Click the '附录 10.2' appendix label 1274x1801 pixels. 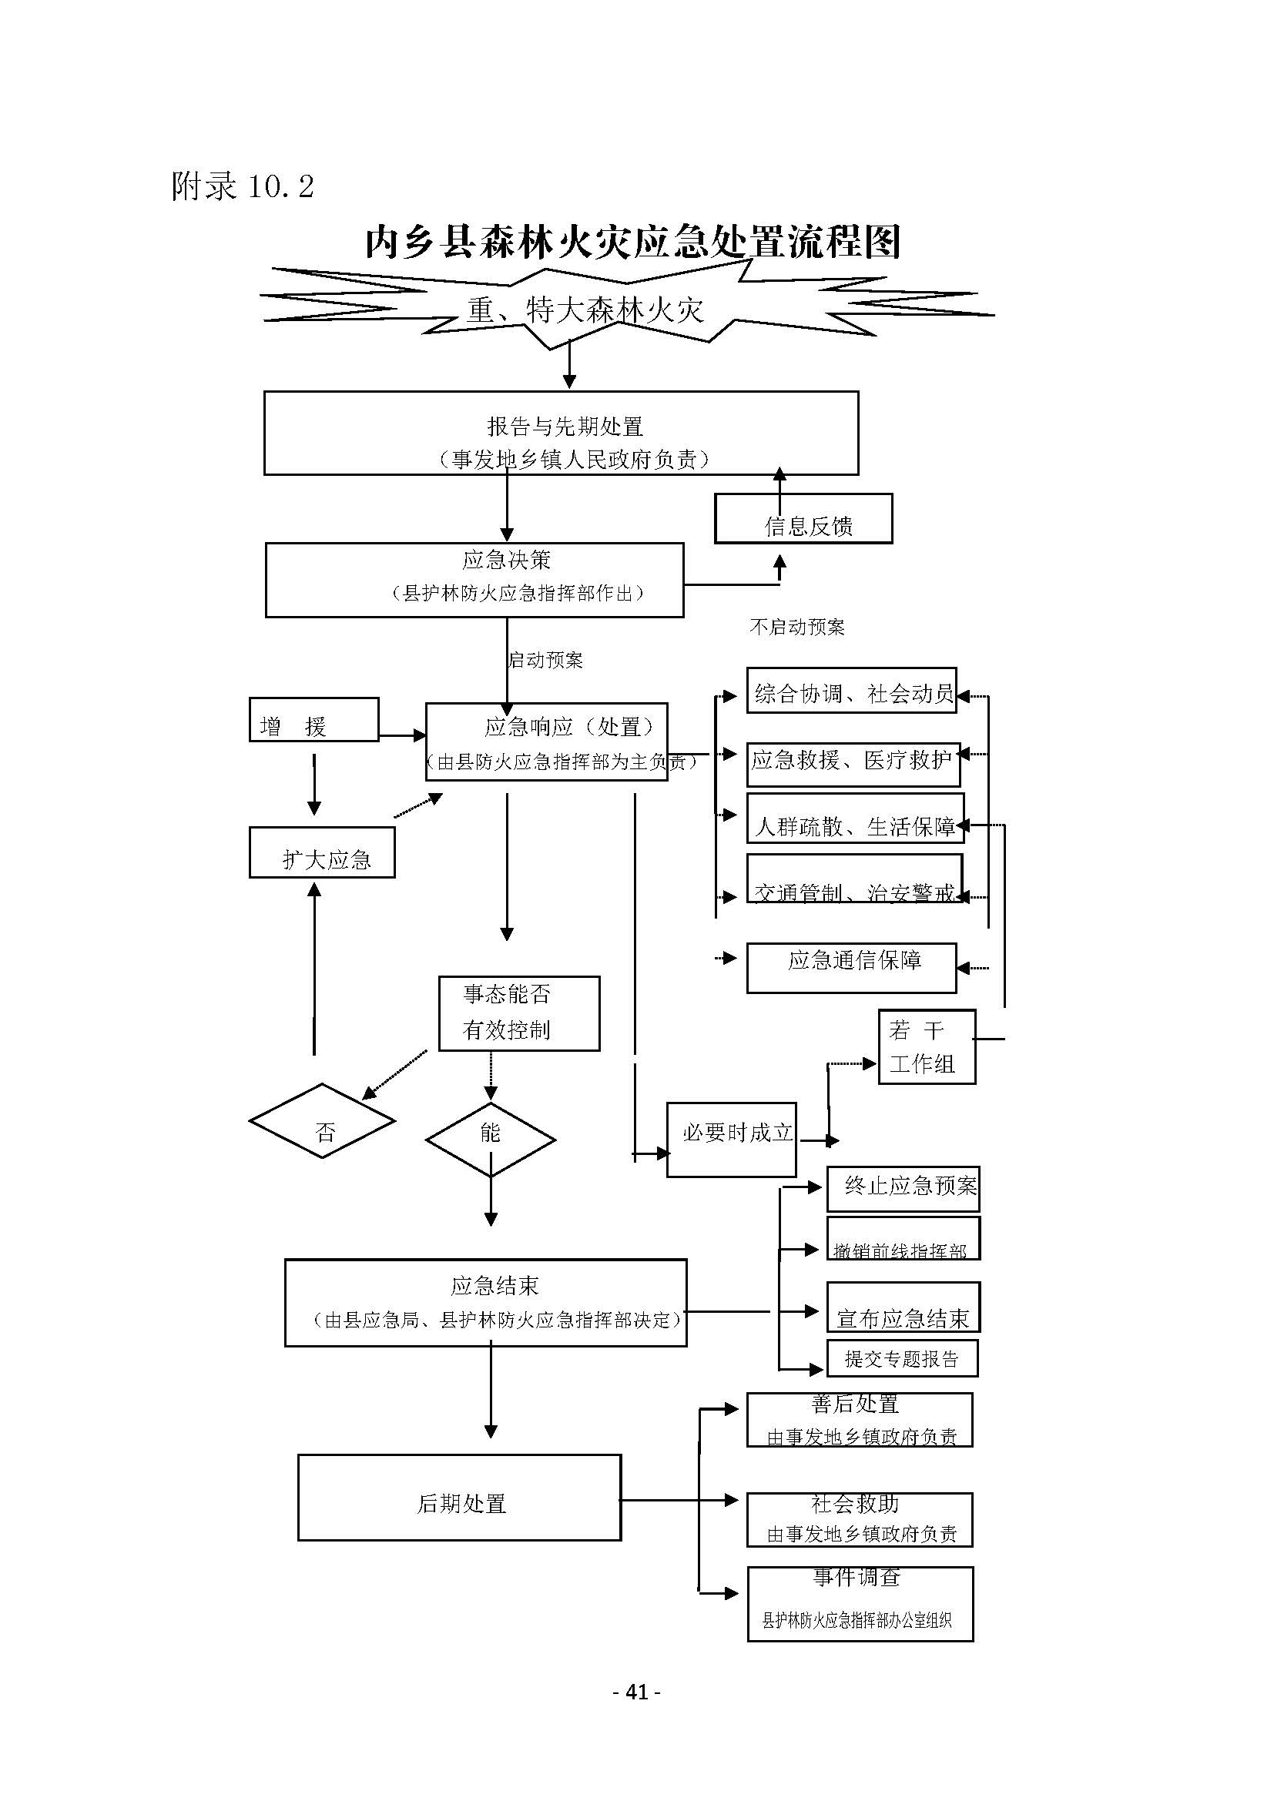[243, 186]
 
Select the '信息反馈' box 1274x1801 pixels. [803, 519]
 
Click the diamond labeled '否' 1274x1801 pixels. [323, 1121]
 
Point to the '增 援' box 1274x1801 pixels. [313, 720]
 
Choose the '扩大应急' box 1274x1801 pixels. [322, 852]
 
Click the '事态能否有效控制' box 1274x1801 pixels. [518, 1013]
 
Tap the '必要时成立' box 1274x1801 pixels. [731, 1140]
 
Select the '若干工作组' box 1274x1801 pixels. [927, 1047]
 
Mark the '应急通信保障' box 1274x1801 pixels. [851, 968]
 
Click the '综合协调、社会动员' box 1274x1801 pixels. [851, 691]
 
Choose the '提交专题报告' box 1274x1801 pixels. [902, 1358]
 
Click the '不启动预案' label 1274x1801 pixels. [797, 627]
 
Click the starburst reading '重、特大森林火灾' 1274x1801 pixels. [585, 310]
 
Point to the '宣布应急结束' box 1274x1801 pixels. [903, 1307]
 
